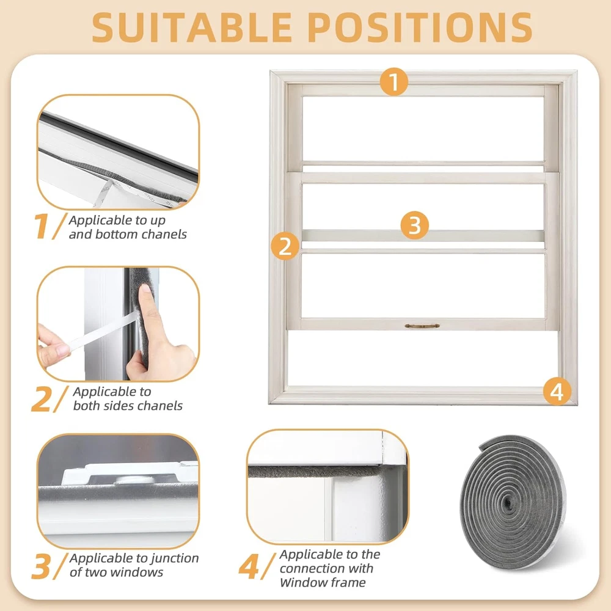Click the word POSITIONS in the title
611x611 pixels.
421,27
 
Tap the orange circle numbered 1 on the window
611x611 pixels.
394,82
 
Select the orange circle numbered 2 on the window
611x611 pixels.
285,246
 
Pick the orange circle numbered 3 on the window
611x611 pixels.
415,225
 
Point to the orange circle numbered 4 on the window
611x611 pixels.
557,391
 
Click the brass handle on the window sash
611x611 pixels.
422,326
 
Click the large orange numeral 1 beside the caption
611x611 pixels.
41,226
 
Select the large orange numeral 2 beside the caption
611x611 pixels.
41,398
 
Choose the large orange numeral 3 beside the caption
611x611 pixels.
41,566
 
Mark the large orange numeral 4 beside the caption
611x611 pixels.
249,567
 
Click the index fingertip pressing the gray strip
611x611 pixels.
145,289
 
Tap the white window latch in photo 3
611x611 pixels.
128,473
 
